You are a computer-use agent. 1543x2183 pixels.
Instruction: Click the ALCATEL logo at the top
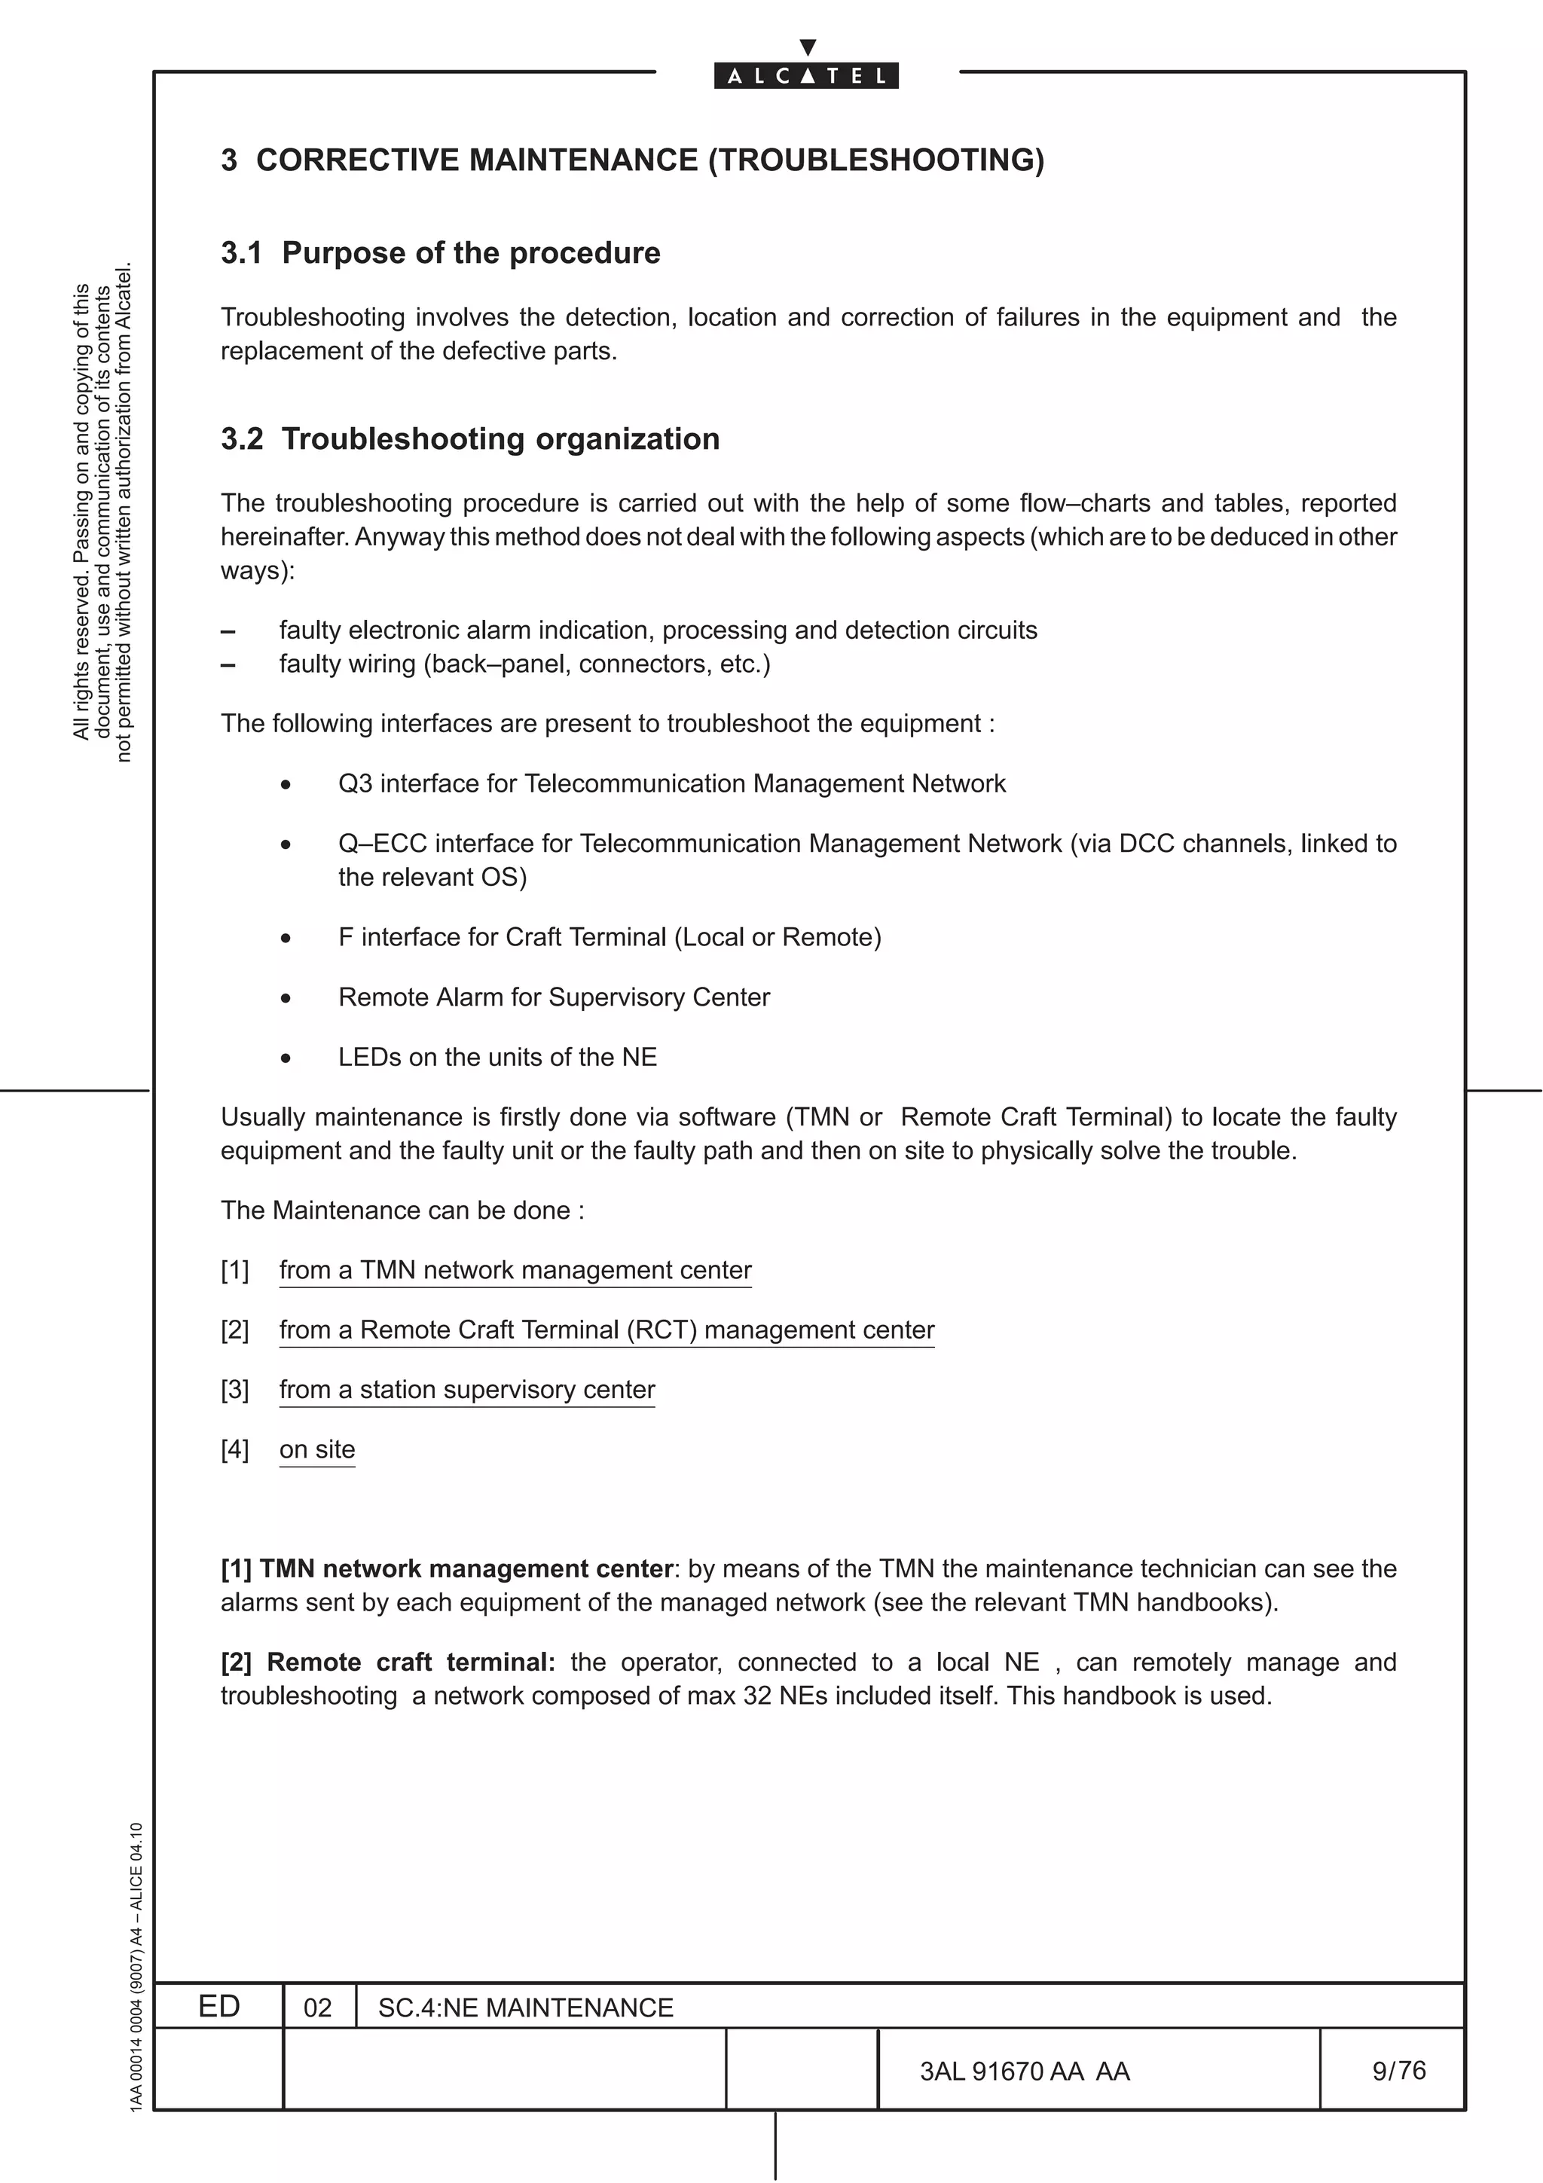point(805,75)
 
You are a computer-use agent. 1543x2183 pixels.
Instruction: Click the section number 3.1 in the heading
point(242,253)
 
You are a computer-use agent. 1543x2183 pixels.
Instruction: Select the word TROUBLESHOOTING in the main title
point(875,160)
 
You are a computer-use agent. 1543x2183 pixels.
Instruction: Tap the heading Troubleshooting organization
point(500,439)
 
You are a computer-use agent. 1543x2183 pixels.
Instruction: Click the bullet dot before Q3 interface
point(286,786)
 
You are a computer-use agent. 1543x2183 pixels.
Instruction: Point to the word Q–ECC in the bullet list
point(382,844)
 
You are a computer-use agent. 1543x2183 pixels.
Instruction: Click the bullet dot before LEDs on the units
point(286,1058)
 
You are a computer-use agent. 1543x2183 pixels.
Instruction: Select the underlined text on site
point(316,1450)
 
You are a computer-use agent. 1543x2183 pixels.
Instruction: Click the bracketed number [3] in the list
point(235,1390)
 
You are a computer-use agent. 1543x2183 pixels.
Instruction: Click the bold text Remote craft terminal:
point(388,1663)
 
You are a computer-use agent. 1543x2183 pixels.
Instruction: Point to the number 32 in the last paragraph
point(756,1696)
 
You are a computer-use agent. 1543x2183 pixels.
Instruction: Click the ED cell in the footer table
point(218,2007)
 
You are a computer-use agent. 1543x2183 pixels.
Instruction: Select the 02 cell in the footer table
point(317,2008)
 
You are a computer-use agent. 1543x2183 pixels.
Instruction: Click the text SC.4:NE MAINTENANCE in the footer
point(525,2008)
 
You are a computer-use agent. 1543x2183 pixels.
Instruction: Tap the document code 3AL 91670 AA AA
point(1024,2072)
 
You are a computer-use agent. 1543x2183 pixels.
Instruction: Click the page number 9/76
point(1398,2071)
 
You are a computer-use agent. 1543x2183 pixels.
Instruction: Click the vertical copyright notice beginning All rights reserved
point(102,514)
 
